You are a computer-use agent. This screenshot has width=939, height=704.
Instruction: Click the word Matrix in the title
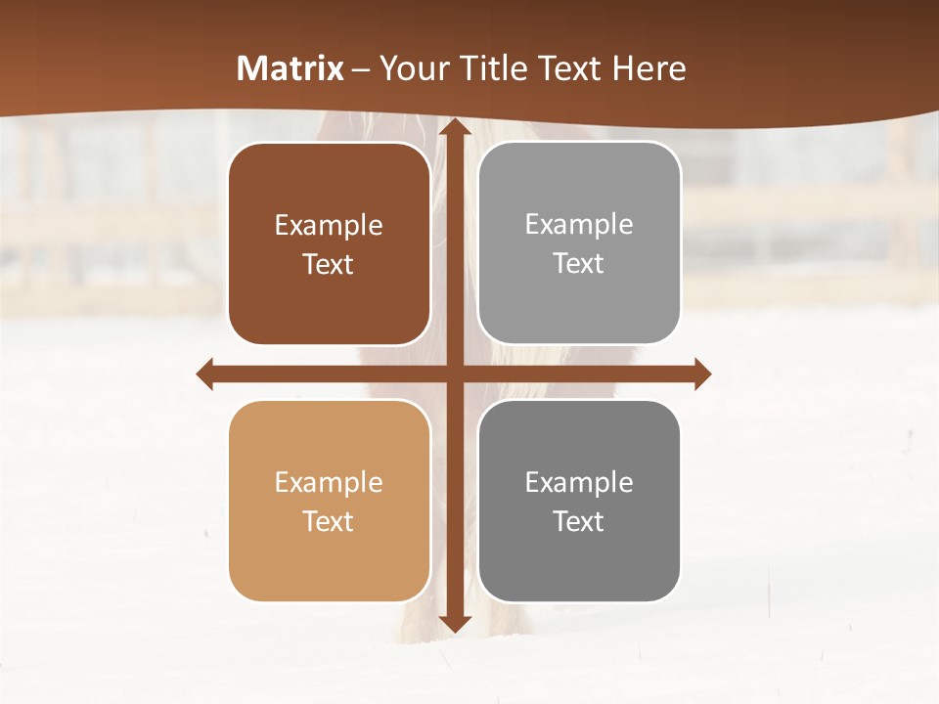(291, 68)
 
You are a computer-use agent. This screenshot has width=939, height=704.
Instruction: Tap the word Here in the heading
(648, 68)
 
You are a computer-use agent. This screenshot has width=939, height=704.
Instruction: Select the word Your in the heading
(412, 68)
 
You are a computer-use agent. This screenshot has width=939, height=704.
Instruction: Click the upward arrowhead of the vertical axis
(454, 126)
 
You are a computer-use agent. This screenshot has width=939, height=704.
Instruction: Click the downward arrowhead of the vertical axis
(454, 623)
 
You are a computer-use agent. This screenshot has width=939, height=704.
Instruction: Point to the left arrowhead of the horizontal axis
(205, 374)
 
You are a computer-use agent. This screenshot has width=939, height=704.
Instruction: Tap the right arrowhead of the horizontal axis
(701, 374)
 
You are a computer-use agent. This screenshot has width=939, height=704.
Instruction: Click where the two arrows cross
(454, 374)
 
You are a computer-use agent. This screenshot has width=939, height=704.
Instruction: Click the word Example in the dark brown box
(329, 226)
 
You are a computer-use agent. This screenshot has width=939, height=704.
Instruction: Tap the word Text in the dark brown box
(329, 264)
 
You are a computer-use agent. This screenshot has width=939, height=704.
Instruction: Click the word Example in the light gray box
(579, 225)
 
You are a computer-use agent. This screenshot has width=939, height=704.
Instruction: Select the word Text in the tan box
(329, 521)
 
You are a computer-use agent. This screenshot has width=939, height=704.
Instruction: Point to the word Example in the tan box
(329, 483)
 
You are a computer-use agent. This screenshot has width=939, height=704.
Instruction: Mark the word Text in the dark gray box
(579, 521)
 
